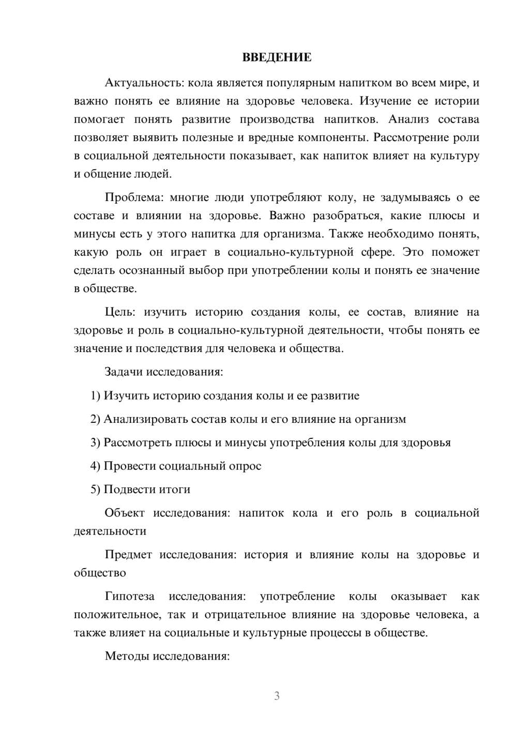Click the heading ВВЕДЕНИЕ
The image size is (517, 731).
277,57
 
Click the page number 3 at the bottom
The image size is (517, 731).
277,696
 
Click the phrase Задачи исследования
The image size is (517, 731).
163,372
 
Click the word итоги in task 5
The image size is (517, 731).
175,489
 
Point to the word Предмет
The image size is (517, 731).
128,555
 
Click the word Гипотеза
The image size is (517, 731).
130,596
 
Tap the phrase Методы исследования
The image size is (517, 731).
167,656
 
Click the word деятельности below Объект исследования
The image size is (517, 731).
110,531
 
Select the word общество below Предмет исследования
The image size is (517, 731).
100,573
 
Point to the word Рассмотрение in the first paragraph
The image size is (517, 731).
407,138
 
